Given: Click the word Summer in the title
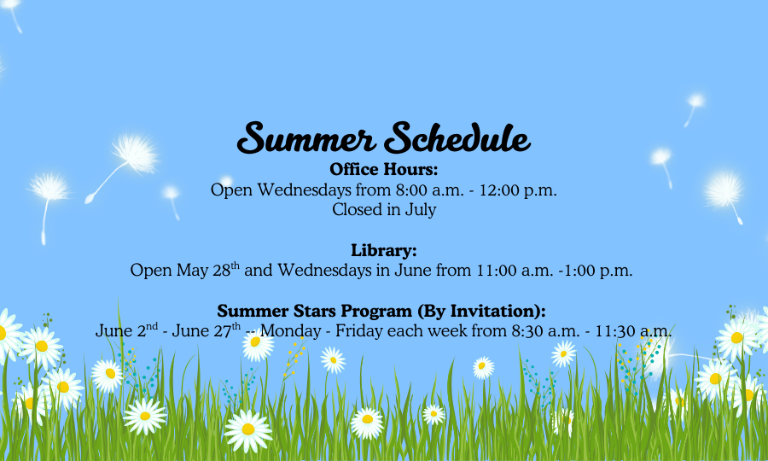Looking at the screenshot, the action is (306, 137).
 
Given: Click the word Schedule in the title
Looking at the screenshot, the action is (457, 137).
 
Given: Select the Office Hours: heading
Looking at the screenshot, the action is (383, 169).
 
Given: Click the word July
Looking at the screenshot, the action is (420, 210).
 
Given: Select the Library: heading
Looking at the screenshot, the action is (383, 250).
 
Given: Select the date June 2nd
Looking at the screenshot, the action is (126, 330).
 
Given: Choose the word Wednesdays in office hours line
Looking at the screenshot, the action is (304, 190).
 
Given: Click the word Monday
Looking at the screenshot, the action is (290, 330).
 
